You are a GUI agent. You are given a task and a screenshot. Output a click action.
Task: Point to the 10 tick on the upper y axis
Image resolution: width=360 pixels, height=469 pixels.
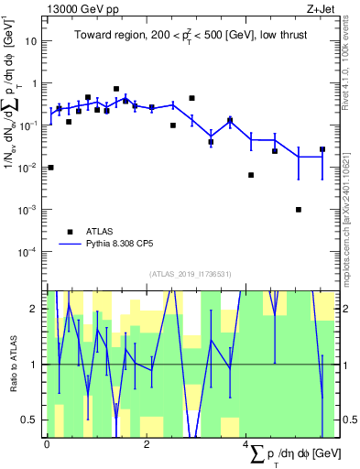tap(34, 41)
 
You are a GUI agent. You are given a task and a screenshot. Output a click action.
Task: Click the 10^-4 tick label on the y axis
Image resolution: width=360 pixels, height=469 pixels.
tap(30, 251)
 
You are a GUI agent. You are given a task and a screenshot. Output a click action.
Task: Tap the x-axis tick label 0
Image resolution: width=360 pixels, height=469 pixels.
tap(47, 442)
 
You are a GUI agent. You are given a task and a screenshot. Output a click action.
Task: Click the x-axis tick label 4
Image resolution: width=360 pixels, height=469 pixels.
tap(246, 442)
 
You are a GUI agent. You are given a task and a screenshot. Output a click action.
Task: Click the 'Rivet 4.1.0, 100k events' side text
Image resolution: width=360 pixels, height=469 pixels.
tap(346, 64)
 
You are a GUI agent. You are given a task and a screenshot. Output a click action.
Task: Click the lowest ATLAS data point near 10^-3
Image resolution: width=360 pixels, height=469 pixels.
tap(299, 210)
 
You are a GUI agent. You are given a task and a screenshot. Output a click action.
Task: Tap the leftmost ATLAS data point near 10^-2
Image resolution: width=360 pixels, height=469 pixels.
tap(50, 168)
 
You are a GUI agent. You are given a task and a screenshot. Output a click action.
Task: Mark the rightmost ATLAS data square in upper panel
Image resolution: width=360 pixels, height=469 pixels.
tap(322, 149)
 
